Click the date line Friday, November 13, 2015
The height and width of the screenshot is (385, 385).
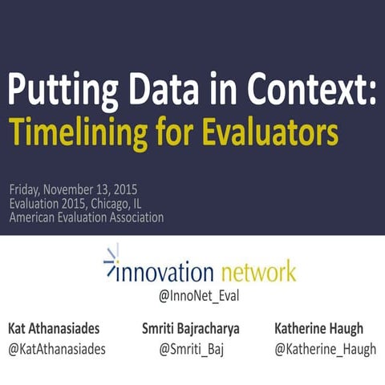[74, 190]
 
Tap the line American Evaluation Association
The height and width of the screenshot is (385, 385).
[87, 217]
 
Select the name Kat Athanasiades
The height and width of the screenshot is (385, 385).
[55, 330]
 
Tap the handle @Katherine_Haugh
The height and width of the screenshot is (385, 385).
[325, 351]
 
